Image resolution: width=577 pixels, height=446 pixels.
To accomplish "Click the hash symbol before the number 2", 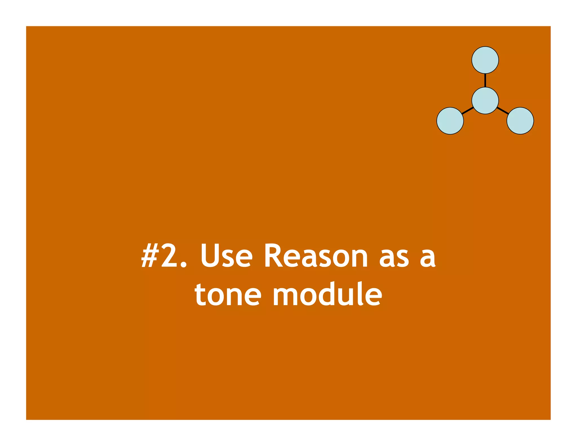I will click(x=149, y=255).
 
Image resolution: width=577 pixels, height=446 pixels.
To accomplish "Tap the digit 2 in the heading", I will click(x=169, y=255).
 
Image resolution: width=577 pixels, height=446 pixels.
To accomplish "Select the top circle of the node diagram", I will click(x=485, y=60).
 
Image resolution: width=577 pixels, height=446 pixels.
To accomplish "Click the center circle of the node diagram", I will click(x=485, y=101).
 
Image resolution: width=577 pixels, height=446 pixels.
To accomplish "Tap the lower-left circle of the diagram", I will click(x=450, y=121).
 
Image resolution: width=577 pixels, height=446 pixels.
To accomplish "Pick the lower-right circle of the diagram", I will click(x=520, y=121).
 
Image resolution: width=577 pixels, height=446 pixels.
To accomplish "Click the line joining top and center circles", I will click(x=485, y=80).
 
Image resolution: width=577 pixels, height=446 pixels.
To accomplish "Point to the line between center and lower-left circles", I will click(x=468, y=111).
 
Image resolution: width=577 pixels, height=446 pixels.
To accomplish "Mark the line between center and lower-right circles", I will click(x=503, y=111).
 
